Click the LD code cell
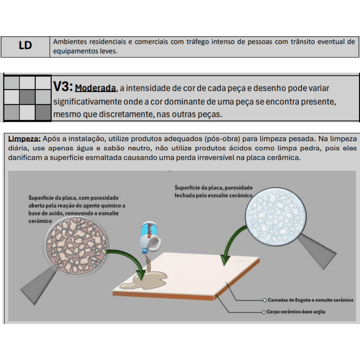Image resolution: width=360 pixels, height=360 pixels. pyautogui.click(x=25, y=46)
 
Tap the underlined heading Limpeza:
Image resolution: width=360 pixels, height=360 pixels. pyautogui.click(x=24, y=139)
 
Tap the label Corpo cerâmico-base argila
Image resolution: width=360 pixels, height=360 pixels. pyautogui.click(x=296, y=312)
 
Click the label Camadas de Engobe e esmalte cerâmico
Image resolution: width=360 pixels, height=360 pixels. pyautogui.click(x=310, y=300)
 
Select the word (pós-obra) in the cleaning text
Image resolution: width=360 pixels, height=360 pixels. pyautogui.click(x=228, y=139)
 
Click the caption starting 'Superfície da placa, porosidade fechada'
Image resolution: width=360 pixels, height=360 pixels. pyautogui.click(x=213, y=191)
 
